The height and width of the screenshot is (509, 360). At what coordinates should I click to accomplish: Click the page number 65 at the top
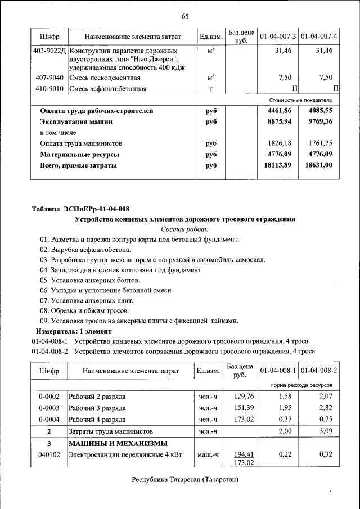(184, 16)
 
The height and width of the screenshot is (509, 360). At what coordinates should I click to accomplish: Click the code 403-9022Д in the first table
(50, 51)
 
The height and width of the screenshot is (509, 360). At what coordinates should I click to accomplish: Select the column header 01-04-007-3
(278, 37)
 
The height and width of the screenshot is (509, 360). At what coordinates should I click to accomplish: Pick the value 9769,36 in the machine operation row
(318, 121)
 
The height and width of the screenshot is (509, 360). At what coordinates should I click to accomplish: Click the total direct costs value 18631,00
(318, 165)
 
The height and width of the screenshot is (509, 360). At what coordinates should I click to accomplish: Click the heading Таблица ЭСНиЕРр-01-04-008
(80, 209)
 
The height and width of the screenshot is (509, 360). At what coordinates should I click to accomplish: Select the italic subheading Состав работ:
(184, 229)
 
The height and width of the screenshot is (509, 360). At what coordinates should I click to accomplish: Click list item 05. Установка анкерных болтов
(89, 280)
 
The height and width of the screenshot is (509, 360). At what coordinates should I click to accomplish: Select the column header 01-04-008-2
(318, 371)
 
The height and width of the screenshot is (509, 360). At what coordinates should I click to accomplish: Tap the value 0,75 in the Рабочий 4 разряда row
(326, 419)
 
